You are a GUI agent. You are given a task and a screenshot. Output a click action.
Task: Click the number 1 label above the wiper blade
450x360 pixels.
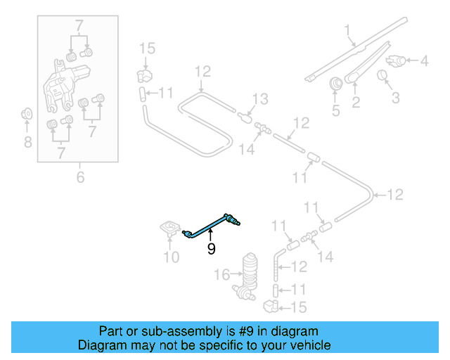point(347,30)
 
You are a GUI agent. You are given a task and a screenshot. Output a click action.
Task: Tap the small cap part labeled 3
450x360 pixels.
point(384,75)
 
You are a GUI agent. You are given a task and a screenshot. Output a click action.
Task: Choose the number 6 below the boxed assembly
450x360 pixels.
point(80,178)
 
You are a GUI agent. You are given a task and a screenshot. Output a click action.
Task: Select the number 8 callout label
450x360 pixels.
point(27,143)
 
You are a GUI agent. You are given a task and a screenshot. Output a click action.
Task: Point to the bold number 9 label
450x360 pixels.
point(210,248)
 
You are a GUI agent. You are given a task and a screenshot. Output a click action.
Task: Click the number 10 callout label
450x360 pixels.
point(171,257)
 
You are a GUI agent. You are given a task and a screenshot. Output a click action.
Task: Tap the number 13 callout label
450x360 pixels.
point(260,98)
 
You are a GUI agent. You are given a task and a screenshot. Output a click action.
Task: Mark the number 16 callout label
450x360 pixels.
point(222,275)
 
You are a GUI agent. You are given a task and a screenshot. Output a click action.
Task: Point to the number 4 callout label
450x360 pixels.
point(424,61)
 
